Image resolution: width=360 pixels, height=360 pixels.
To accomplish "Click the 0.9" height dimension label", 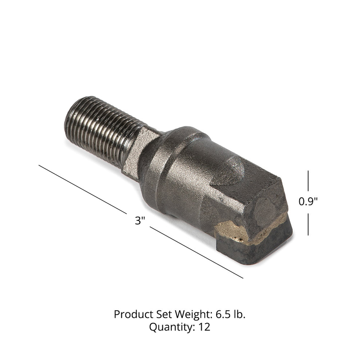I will pos(308,201).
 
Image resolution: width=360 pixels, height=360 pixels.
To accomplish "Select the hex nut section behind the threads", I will pos(140,153).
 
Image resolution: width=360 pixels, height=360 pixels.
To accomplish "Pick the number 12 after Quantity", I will pos(204,327).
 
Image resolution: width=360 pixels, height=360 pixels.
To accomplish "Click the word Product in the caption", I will pos(131,314).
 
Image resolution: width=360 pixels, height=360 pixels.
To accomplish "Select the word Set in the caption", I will pos(158,314).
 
